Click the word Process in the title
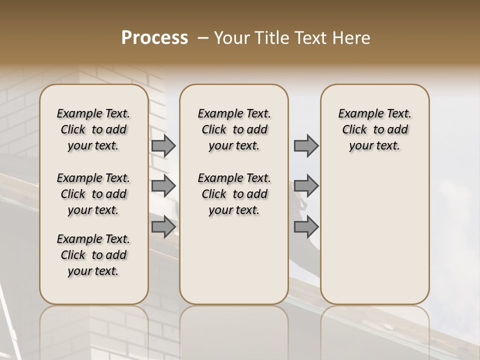154,38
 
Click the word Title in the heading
271,38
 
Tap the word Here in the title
351,38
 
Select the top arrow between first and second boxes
163,145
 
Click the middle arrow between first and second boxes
163,186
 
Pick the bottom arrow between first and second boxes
163,226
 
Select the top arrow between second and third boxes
306,145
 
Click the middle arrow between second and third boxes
306,186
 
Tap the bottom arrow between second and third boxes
306,226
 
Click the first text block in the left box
93,129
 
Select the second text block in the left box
93,194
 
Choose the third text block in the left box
93,255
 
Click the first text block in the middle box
234,129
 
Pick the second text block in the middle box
234,194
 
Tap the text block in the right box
375,129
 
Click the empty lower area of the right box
375,235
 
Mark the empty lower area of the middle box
234,260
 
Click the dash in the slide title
203,38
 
